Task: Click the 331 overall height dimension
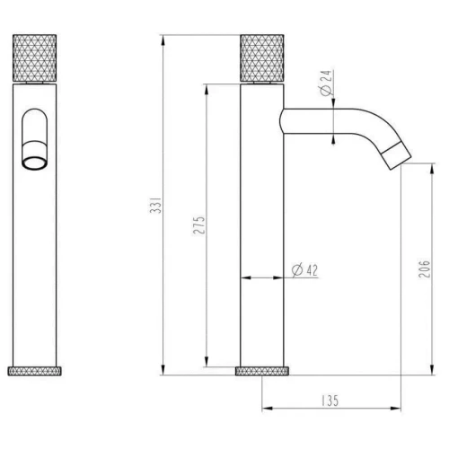pos(155,212)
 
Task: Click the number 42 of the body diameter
pos(313,270)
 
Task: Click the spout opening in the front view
pos(38,163)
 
